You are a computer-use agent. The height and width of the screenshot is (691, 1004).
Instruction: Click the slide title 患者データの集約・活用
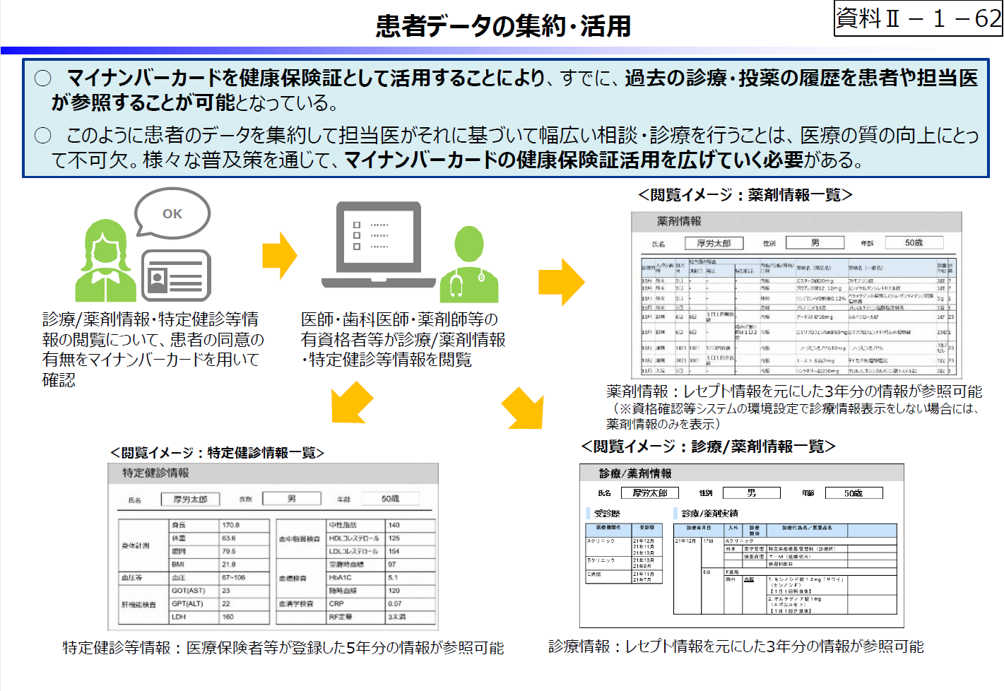click(x=503, y=26)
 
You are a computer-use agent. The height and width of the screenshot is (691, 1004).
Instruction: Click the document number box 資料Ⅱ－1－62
click(x=918, y=18)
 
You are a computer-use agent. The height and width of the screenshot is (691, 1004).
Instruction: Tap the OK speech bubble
click(x=172, y=213)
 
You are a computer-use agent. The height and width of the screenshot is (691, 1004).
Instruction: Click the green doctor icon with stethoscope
click(x=468, y=266)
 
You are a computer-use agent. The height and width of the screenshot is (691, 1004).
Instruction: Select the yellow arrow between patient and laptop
click(x=280, y=256)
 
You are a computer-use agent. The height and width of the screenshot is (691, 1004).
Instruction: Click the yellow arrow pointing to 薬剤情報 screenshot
click(x=561, y=282)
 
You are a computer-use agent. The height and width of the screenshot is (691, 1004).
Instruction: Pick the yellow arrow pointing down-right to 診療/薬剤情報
click(x=524, y=408)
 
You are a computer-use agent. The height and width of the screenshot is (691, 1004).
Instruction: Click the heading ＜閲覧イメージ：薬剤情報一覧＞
click(x=745, y=195)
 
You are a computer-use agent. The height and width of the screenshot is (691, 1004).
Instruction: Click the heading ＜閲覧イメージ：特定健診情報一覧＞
click(x=217, y=453)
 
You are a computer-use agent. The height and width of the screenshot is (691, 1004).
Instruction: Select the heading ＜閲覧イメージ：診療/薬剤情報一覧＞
click(x=708, y=447)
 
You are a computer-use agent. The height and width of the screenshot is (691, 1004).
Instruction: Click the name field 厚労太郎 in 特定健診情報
click(x=190, y=500)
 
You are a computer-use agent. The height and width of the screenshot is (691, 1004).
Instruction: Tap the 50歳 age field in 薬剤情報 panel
click(x=914, y=243)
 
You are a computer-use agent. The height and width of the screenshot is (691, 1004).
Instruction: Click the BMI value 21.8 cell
click(x=244, y=565)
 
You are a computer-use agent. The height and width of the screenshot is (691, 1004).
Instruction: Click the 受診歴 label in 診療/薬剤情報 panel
click(x=607, y=514)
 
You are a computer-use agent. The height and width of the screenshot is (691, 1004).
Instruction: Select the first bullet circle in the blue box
click(x=43, y=78)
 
